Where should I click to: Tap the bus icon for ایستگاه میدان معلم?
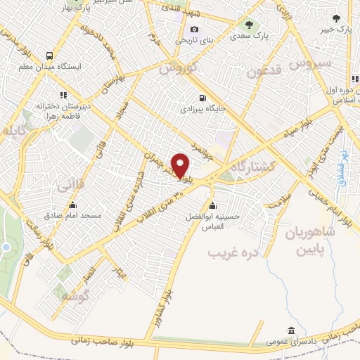pyautogui.click(x=49, y=56)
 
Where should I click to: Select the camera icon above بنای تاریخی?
pyautogui.click(x=194, y=30)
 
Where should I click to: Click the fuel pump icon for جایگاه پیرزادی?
pyautogui.click(x=203, y=98)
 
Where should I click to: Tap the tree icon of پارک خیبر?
pyautogui.click(x=337, y=19)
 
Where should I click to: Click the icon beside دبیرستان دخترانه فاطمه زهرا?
pyautogui.click(x=63, y=94)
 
